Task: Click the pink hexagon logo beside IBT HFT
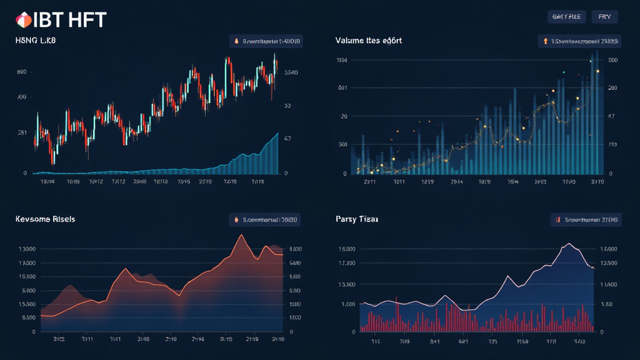[24, 20]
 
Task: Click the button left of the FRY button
[566, 17]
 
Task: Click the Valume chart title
[368, 41]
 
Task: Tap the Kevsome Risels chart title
[45, 219]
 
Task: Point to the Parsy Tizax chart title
[356, 219]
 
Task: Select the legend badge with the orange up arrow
[579, 42]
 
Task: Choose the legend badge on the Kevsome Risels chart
[264, 220]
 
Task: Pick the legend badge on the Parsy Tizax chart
[585, 220]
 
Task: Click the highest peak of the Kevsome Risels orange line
[241, 235]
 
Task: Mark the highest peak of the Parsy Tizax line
[568, 244]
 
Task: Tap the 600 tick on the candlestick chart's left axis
[21, 72]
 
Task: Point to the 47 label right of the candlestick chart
[287, 139]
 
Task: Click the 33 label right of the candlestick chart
[287, 106]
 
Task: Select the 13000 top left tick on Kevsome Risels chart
[28, 249]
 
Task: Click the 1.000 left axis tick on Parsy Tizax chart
[347, 304]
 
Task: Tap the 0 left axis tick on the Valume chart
[344, 173]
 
